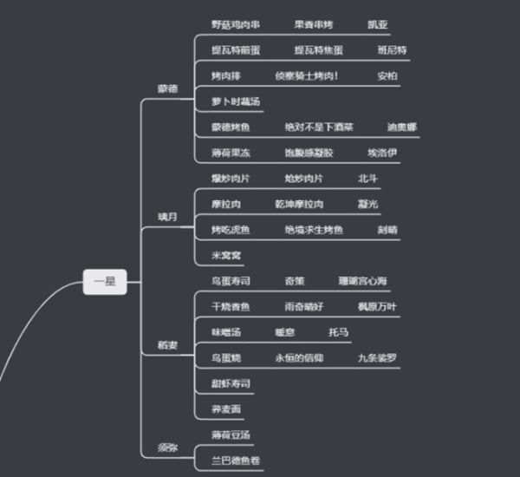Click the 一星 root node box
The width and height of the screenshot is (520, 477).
click(x=105, y=281)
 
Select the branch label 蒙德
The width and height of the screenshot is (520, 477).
click(x=168, y=89)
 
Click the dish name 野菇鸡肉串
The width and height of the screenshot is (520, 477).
click(x=235, y=24)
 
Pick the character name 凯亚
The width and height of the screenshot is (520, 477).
click(x=378, y=24)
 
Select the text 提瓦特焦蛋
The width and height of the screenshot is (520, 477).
click(x=318, y=50)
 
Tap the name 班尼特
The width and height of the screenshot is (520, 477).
click(x=392, y=50)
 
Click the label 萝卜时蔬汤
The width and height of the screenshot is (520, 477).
click(x=235, y=101)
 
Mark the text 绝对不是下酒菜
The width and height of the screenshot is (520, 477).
click(x=319, y=127)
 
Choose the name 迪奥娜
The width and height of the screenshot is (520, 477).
click(x=402, y=127)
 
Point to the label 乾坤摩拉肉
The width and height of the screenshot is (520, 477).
click(x=299, y=205)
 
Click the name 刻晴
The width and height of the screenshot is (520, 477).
click(x=387, y=230)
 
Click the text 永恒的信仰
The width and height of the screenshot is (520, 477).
click(x=299, y=357)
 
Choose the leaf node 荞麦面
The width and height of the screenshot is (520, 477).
click(x=225, y=408)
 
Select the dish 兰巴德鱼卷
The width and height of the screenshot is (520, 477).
click(x=236, y=460)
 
